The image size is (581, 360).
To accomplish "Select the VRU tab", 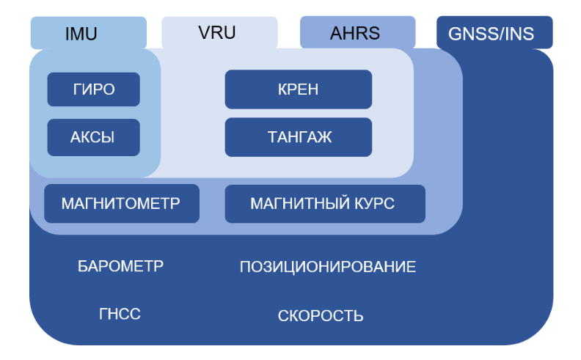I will (x=219, y=32).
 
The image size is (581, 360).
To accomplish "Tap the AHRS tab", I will (x=357, y=33).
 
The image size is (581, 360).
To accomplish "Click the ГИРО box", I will (x=93, y=89).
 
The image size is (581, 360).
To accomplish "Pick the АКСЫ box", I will (x=93, y=137).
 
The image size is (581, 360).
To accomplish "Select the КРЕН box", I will (x=298, y=89).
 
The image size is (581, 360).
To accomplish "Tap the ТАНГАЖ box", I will (x=298, y=137).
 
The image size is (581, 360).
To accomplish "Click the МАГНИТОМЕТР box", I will (x=121, y=203).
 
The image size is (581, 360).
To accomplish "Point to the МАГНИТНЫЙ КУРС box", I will (x=324, y=203).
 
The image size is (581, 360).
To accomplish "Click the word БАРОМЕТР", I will (x=120, y=266).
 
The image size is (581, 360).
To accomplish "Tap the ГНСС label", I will (x=120, y=315).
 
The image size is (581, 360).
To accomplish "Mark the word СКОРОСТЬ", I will (x=321, y=316).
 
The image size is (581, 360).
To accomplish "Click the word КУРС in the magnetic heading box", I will (x=374, y=203).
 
